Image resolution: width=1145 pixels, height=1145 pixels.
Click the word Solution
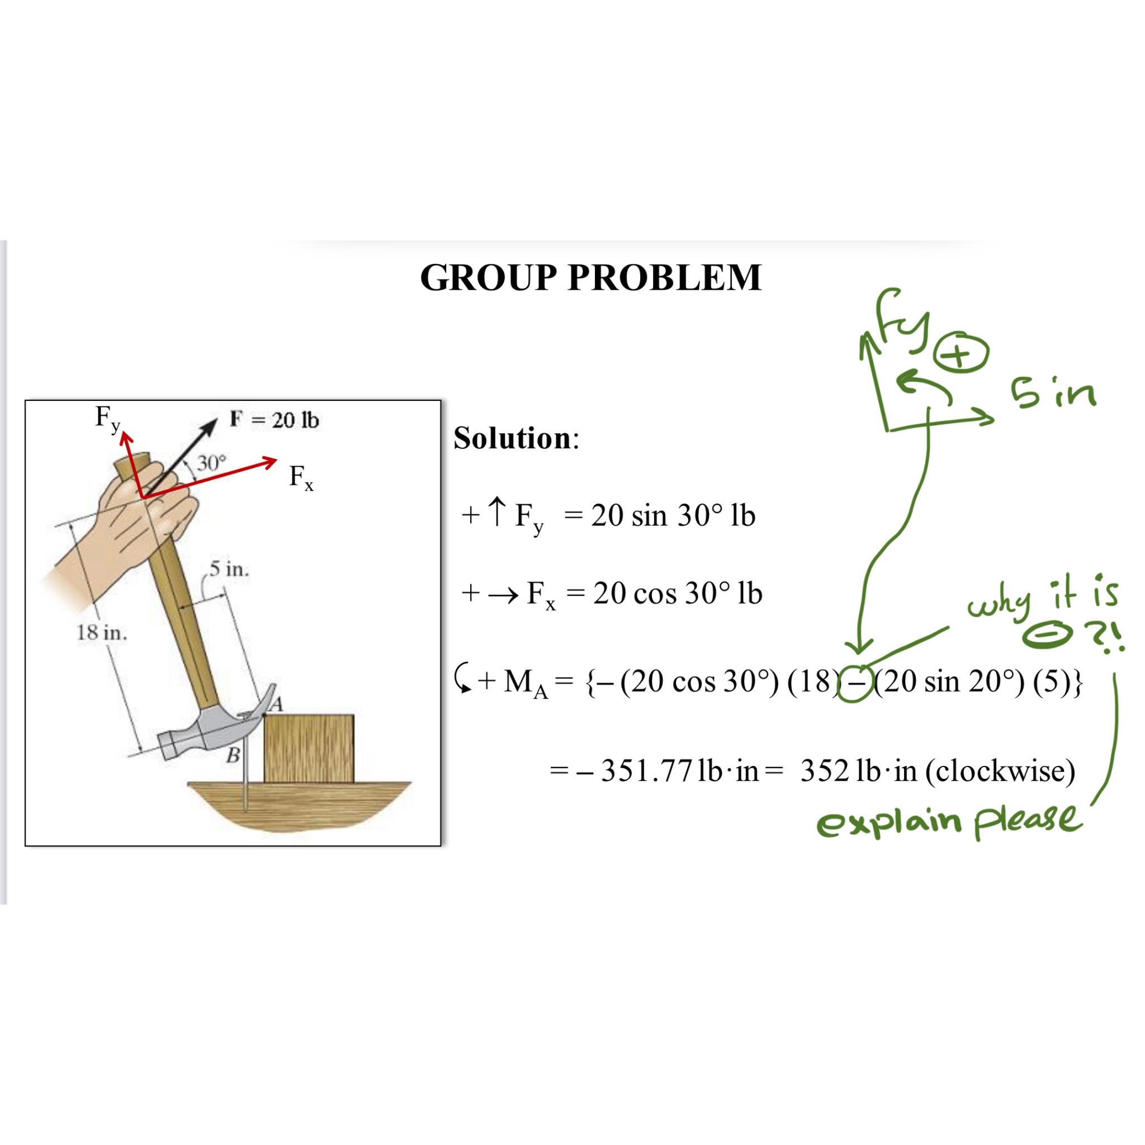[512, 438]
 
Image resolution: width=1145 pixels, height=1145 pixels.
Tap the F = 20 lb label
[275, 420]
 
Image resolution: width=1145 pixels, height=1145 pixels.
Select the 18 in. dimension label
[101, 633]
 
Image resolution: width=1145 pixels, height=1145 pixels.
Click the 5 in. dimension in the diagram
[229, 569]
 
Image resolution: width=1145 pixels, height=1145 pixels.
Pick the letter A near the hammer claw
[276, 704]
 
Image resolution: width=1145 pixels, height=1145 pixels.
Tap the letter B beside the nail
[234, 756]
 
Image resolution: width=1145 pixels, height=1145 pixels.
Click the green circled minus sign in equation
[855, 683]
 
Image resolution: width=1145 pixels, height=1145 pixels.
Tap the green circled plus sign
[961, 355]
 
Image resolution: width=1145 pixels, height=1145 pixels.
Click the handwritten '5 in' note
[1053, 394]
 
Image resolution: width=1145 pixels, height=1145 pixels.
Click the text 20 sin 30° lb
[673, 515]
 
